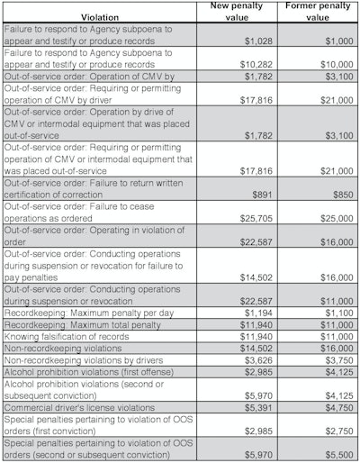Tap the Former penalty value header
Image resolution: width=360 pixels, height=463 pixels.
coord(318,12)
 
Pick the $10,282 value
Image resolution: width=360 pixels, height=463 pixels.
coord(252,65)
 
